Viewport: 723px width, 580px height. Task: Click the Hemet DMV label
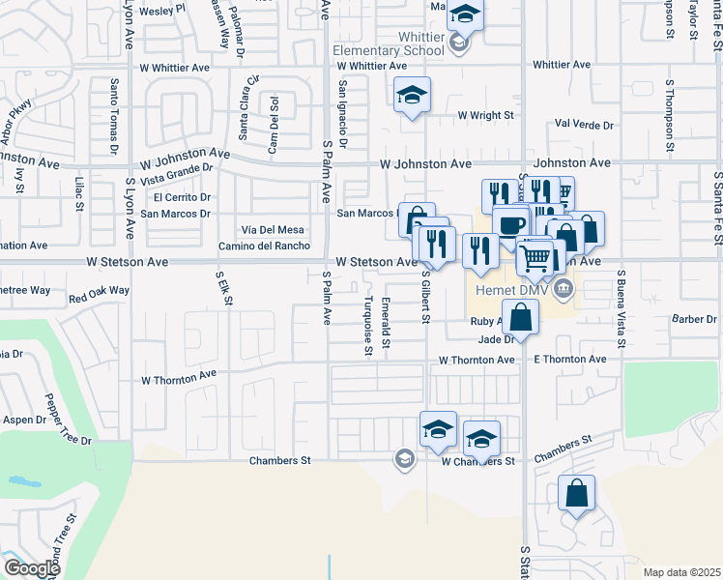(x=512, y=289)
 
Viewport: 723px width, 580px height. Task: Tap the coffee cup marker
(x=510, y=225)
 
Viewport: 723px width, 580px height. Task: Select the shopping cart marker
(x=535, y=256)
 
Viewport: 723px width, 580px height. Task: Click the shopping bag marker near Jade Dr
(x=520, y=317)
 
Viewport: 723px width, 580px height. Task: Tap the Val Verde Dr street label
(x=585, y=126)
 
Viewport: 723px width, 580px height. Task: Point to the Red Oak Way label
(x=99, y=290)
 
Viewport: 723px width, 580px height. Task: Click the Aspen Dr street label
(x=26, y=420)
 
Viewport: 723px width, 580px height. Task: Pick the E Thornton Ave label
(x=569, y=360)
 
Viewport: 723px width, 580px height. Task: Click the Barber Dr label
(x=696, y=319)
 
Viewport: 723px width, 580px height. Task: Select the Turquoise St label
(x=368, y=326)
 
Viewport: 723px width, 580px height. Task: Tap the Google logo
(x=33, y=567)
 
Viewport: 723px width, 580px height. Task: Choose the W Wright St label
(x=487, y=115)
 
